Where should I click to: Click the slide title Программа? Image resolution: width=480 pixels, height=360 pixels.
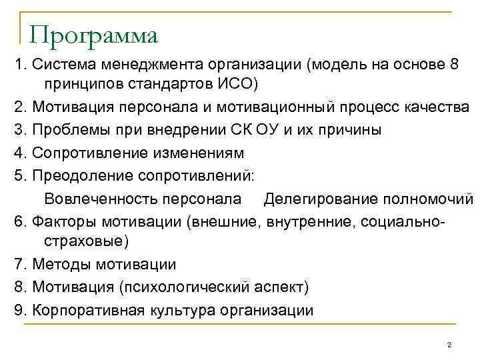(94, 35)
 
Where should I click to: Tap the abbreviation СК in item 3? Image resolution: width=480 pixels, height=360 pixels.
(231, 130)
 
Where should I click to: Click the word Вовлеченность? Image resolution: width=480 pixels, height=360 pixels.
(97, 198)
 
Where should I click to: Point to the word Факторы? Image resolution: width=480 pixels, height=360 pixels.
(64, 221)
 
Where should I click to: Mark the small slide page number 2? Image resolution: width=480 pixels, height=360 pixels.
(449, 345)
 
